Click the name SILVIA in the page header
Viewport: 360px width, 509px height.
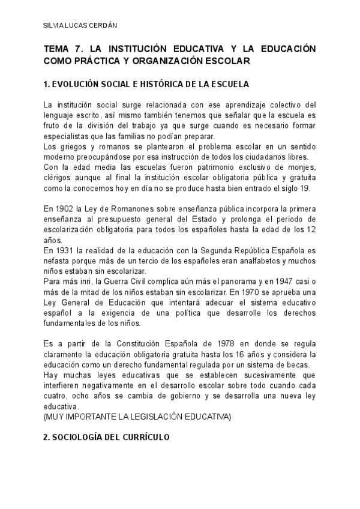(x=54, y=26)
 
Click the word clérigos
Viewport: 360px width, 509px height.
(x=59, y=178)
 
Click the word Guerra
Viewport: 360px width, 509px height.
(x=120, y=282)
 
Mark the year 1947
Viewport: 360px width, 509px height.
(x=283, y=282)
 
